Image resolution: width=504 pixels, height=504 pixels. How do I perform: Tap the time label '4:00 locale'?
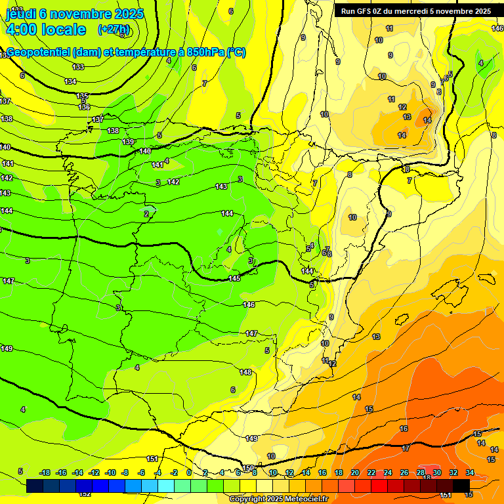[x=46, y=30]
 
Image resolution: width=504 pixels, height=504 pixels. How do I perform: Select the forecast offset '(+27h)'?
[x=114, y=30]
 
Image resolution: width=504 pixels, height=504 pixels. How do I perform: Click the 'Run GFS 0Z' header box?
[x=415, y=11]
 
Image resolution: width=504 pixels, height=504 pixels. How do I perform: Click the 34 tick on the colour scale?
[x=470, y=472]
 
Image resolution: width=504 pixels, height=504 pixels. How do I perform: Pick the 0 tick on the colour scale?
[x=189, y=472]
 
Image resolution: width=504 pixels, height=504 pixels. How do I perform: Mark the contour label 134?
[x=71, y=81]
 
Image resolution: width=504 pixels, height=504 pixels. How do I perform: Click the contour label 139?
[x=128, y=142]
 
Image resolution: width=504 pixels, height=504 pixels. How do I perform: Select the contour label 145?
[x=234, y=279]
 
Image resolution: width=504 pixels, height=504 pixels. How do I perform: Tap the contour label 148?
[x=245, y=372]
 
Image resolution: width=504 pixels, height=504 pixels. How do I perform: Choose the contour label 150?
[x=248, y=468]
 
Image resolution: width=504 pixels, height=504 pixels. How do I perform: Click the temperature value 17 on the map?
[x=406, y=448]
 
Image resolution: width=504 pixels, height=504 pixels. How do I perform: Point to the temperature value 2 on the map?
[x=146, y=213]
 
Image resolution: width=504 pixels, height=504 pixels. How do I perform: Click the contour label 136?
[x=84, y=106]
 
